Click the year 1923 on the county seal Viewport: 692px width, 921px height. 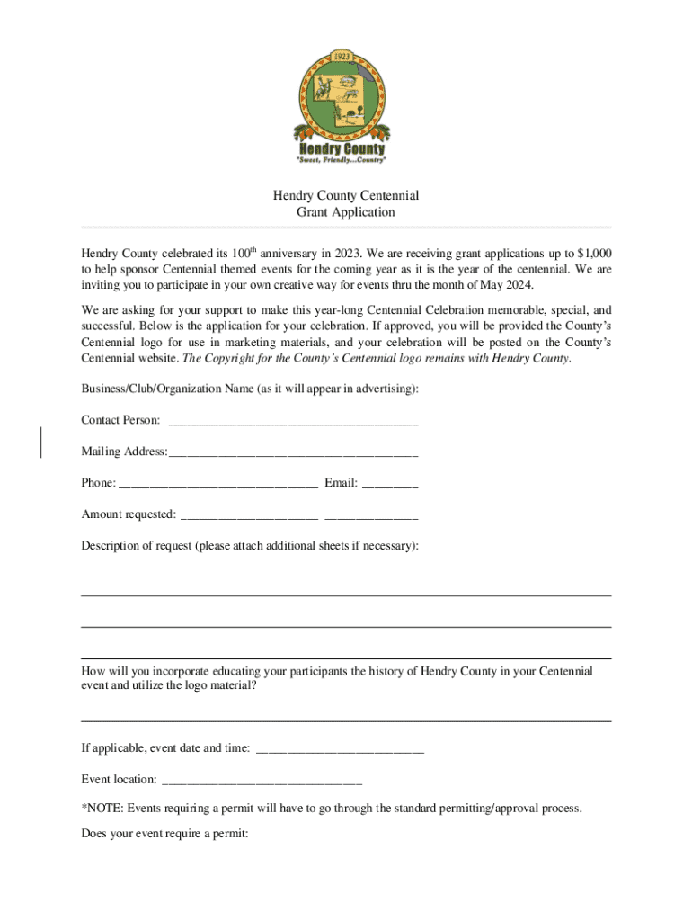[x=342, y=56]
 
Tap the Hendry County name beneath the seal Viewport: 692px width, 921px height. [x=342, y=148]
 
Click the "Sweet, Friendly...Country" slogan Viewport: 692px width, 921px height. [x=342, y=160]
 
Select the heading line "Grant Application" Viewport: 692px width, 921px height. [x=346, y=213]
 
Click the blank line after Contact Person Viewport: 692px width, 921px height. [x=293, y=421]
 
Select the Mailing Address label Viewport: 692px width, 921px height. [x=124, y=452]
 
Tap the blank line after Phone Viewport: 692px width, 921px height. [x=218, y=484]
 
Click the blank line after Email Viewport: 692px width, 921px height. [x=390, y=484]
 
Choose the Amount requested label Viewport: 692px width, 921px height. [x=129, y=514]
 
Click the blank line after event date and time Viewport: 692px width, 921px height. [x=340, y=748]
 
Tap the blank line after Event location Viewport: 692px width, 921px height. [x=262, y=780]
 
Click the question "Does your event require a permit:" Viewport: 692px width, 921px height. [x=164, y=834]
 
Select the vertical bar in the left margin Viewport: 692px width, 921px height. [x=41, y=443]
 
